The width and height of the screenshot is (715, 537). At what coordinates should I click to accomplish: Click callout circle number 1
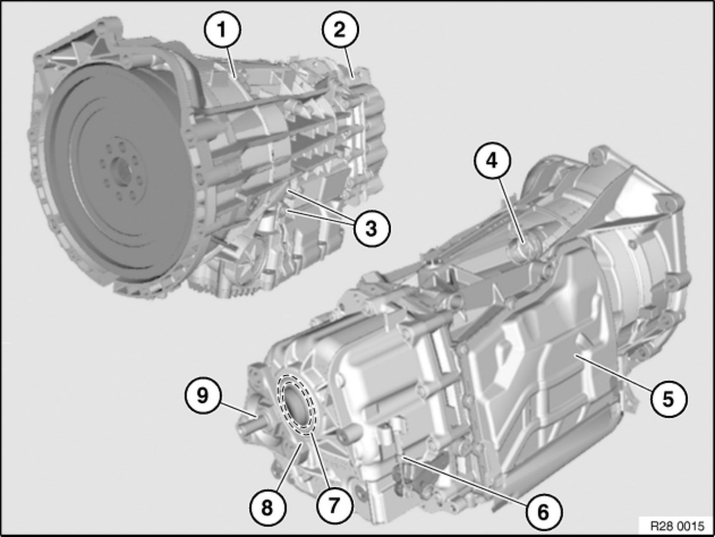[x=222, y=30]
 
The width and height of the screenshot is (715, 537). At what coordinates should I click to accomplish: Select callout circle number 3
[x=371, y=228]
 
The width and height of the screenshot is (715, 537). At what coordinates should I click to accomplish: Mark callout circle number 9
[x=203, y=397]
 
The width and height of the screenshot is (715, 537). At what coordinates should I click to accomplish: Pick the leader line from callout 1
[x=229, y=64]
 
